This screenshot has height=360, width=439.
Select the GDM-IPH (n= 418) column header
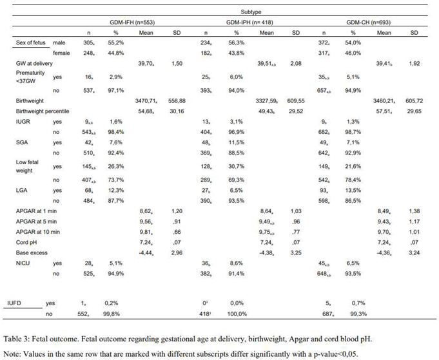click(x=248, y=21)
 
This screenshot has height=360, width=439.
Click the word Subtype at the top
click(x=248, y=11)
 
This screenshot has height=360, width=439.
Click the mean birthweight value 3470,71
click(x=146, y=102)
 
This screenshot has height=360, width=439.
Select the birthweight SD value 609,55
click(x=296, y=102)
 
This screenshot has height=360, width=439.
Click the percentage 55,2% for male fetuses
click(x=117, y=41)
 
